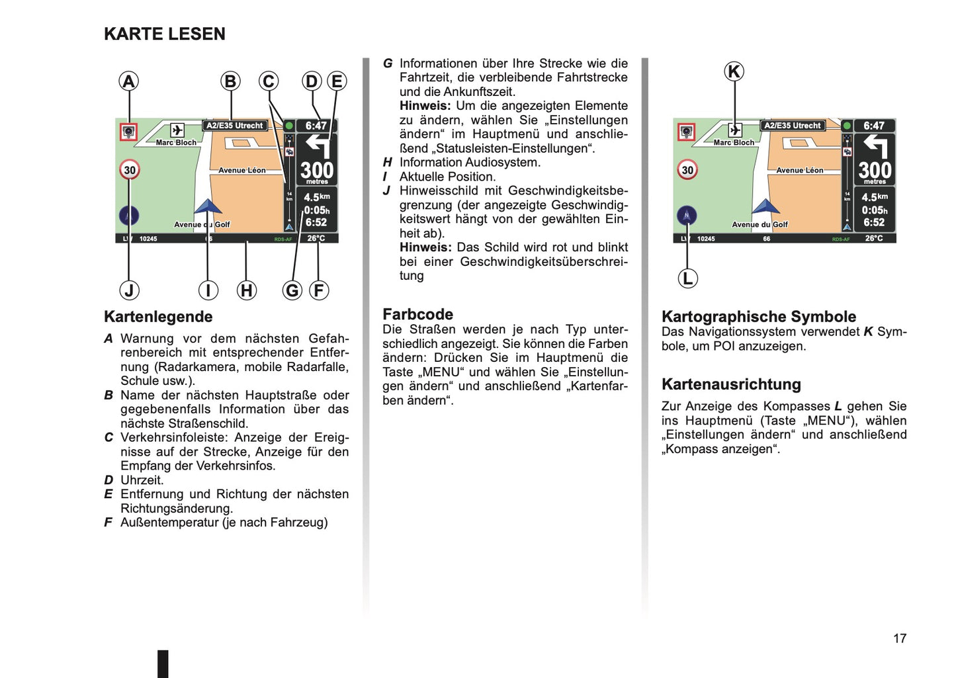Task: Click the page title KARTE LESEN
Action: (164, 34)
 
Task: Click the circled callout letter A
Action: (128, 81)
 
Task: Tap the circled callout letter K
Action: (734, 71)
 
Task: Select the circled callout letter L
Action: (687, 278)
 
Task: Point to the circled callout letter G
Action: (292, 290)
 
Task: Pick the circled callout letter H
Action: (247, 290)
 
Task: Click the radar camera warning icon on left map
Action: (128, 132)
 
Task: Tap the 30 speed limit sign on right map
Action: (687, 170)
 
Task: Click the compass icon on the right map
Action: (687, 216)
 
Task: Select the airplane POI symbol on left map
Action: (177, 130)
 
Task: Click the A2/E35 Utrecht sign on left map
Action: (235, 126)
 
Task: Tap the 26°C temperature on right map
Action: (873, 238)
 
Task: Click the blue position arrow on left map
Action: (208, 206)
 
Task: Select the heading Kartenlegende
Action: (158, 317)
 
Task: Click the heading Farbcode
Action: (418, 314)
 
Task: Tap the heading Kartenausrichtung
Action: (731, 384)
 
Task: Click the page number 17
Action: (900, 638)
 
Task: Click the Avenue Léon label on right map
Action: (799, 170)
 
